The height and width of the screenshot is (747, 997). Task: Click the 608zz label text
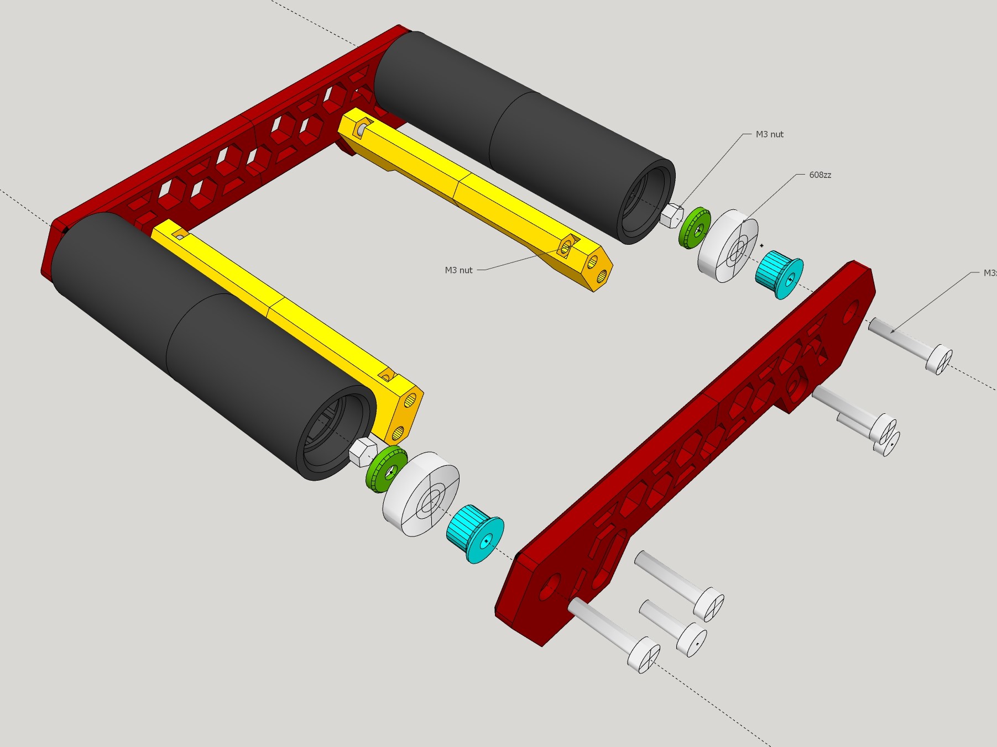pyautogui.click(x=819, y=175)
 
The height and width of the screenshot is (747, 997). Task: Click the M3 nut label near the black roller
pyautogui.click(x=769, y=134)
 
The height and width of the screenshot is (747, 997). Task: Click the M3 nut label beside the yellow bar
pyautogui.click(x=458, y=270)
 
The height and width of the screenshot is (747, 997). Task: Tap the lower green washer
pyautogui.click(x=385, y=470)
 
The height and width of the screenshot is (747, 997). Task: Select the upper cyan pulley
pyautogui.click(x=778, y=274)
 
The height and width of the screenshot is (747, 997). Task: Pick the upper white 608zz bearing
pyautogui.click(x=728, y=246)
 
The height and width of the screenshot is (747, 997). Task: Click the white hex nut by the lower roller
pyautogui.click(x=363, y=451)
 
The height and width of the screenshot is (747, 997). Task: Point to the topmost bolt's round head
pyautogui.click(x=939, y=360)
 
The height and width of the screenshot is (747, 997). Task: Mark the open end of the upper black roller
pyautogui.click(x=647, y=202)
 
